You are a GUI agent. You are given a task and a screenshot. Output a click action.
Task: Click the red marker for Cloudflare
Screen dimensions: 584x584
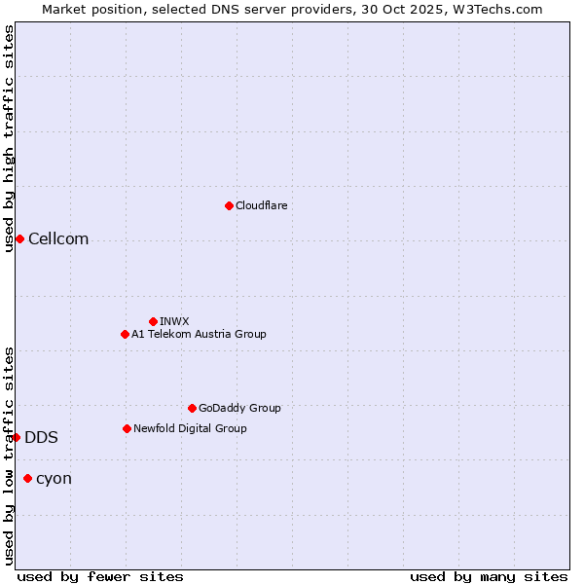tap(229, 205)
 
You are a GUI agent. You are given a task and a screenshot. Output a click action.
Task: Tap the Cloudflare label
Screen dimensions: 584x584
tap(261, 205)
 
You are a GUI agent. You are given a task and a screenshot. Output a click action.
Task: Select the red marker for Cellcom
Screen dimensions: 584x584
tap(19, 239)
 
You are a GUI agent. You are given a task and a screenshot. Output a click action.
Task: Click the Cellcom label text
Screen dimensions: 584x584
tap(58, 239)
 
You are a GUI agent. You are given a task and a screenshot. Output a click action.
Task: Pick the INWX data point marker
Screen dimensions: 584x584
tap(153, 321)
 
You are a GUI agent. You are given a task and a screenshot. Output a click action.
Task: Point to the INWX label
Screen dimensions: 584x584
tap(174, 321)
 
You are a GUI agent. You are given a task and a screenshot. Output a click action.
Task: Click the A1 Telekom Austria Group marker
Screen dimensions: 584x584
tap(125, 334)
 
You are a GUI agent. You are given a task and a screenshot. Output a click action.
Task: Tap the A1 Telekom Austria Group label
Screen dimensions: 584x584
tap(199, 334)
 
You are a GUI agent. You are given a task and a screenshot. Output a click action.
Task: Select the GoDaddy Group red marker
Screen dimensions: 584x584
tap(192, 408)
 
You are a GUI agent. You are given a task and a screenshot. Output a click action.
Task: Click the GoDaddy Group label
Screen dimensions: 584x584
tap(239, 408)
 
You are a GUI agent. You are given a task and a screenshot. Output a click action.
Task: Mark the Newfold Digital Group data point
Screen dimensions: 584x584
tap(127, 428)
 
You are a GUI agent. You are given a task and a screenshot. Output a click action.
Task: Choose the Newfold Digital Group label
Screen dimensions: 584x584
tap(190, 428)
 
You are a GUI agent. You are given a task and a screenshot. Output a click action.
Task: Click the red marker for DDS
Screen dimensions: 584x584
tap(17, 437)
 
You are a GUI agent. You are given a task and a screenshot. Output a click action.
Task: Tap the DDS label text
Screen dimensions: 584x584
tap(41, 438)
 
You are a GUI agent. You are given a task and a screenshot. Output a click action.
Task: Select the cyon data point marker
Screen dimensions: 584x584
tap(27, 478)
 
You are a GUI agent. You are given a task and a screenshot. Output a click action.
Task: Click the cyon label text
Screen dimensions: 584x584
tap(54, 479)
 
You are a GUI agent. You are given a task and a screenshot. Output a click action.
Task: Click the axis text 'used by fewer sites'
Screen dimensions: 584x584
tap(100, 576)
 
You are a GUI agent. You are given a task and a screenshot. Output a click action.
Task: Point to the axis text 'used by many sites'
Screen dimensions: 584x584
tap(489, 576)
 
